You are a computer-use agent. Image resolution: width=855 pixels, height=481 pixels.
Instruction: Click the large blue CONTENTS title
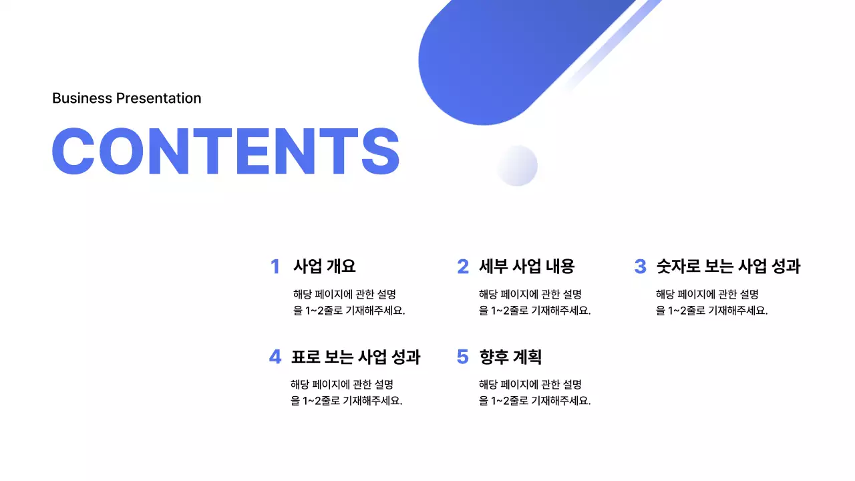click(226, 151)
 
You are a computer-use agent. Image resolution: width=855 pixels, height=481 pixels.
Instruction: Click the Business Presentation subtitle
click(126, 98)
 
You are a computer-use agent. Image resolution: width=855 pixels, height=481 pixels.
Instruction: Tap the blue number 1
click(275, 267)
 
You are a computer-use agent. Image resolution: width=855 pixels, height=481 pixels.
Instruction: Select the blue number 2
click(463, 267)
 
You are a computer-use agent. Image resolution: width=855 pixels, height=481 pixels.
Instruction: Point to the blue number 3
click(640, 267)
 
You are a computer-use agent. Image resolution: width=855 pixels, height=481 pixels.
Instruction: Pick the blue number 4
click(275, 357)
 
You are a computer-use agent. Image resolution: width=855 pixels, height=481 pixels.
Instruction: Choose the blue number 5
click(463, 357)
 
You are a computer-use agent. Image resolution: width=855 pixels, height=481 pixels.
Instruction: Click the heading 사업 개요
click(324, 267)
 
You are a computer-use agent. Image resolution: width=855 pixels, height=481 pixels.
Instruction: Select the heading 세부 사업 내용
click(526, 267)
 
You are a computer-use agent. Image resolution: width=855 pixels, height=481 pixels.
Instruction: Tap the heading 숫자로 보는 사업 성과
click(727, 267)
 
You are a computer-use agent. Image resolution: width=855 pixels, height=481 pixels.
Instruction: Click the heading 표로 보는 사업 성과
click(355, 357)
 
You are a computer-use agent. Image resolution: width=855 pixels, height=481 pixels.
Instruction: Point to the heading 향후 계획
click(510, 357)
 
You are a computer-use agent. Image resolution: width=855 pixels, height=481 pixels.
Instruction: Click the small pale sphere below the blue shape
click(517, 165)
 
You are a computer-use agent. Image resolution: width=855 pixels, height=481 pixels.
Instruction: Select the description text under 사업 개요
click(349, 302)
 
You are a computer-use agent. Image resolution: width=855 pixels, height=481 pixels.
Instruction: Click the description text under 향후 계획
click(534, 393)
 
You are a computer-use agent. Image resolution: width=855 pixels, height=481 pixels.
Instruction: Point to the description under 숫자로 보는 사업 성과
click(711, 302)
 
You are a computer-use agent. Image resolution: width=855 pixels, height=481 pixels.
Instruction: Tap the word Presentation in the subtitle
click(158, 98)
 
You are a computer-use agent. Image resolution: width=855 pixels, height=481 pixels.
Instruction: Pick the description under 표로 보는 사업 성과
click(346, 393)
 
